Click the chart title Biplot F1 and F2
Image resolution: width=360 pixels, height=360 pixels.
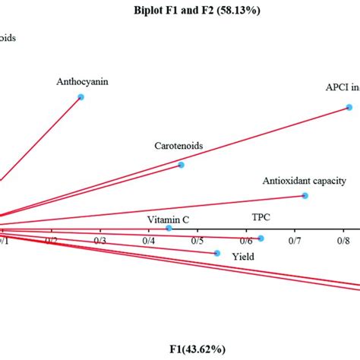[x=197, y=11]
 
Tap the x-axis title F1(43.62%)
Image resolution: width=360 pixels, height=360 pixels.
[x=196, y=349]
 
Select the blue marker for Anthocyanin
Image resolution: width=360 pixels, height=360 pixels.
[x=81, y=97]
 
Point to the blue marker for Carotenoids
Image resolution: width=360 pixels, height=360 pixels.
[x=181, y=165]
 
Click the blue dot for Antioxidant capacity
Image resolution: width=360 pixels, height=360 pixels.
[x=305, y=197]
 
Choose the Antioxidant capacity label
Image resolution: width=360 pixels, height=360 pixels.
[x=305, y=181]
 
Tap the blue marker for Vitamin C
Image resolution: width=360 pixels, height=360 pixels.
[x=169, y=228]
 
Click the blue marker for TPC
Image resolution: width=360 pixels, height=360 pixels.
[x=261, y=238]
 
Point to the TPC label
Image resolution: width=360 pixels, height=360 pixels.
[x=261, y=217]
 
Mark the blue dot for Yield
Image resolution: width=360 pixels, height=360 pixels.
[x=217, y=253]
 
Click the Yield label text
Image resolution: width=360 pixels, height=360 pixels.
[x=243, y=257]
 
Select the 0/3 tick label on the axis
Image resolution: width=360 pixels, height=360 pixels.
[x=99, y=241]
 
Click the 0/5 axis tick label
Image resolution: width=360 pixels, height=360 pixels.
[x=197, y=241]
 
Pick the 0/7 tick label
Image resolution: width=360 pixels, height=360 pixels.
[x=294, y=241]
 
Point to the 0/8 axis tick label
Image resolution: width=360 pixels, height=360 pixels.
[x=343, y=241]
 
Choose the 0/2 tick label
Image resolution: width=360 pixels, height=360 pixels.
[x=51, y=241]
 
